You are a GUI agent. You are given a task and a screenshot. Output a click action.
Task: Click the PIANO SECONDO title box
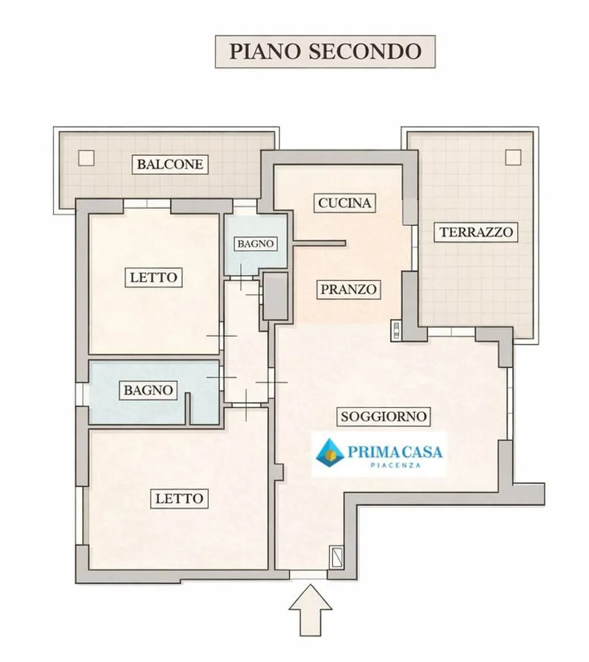[x=325, y=52]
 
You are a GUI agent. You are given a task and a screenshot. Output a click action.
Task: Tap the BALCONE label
[x=170, y=164]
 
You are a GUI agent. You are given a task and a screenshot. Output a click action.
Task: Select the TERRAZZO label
[x=477, y=232]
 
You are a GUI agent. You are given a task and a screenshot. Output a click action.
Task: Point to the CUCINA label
[x=345, y=203]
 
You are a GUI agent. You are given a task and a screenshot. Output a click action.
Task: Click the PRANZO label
[x=348, y=289]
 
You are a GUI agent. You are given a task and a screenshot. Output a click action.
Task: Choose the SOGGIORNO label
[x=383, y=416]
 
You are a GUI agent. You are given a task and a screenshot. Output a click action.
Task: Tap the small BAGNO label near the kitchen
[x=255, y=244]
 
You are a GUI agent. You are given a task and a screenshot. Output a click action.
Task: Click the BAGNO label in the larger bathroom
[x=148, y=390]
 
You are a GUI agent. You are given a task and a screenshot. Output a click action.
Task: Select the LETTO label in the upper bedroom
[x=153, y=277]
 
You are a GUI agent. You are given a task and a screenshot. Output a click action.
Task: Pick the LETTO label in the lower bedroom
[x=180, y=498]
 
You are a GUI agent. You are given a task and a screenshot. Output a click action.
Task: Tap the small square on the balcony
[x=86, y=158]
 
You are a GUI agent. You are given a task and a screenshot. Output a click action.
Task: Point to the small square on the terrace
[x=513, y=157]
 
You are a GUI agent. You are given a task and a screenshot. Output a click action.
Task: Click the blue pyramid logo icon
[x=330, y=452]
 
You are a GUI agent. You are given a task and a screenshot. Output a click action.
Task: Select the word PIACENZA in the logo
[x=395, y=465]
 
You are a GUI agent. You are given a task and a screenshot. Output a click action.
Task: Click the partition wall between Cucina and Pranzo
[x=319, y=243]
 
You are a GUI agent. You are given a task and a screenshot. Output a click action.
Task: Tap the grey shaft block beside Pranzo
[x=275, y=296]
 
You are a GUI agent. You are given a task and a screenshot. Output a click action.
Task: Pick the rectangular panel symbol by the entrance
[x=337, y=557]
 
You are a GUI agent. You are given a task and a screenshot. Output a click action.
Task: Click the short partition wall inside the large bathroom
[x=188, y=409]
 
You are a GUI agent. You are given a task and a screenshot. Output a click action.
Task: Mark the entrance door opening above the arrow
[x=308, y=574]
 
